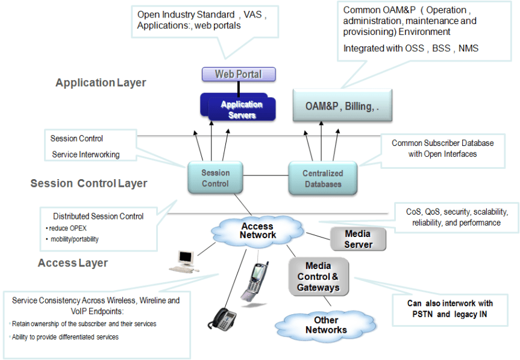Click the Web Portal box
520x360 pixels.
point(239,74)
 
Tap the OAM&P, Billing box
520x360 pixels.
point(342,106)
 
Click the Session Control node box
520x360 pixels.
point(215,178)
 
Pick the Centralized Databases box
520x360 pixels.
point(322,178)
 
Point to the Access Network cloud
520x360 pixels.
point(258,231)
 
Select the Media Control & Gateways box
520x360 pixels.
point(318,277)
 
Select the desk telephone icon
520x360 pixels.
point(223,318)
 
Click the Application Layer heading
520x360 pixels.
point(101,83)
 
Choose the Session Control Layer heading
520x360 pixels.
point(89,183)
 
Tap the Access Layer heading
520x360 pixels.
point(73,263)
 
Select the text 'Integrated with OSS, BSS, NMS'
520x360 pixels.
point(410,48)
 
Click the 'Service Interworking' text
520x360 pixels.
point(86,154)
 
